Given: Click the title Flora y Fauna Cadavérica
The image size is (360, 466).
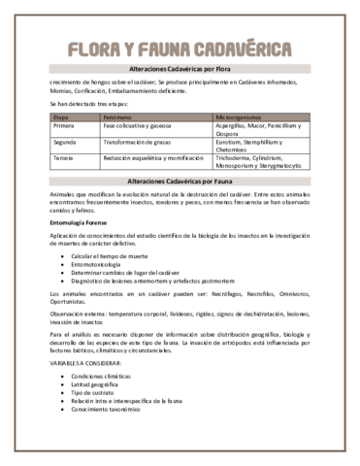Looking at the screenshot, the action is pyautogui.click(x=180, y=50).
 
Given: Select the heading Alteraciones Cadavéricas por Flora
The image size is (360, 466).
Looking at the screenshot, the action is pyautogui.click(x=180, y=73).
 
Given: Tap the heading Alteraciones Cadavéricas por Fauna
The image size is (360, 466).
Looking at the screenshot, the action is pyautogui.click(x=180, y=182).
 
